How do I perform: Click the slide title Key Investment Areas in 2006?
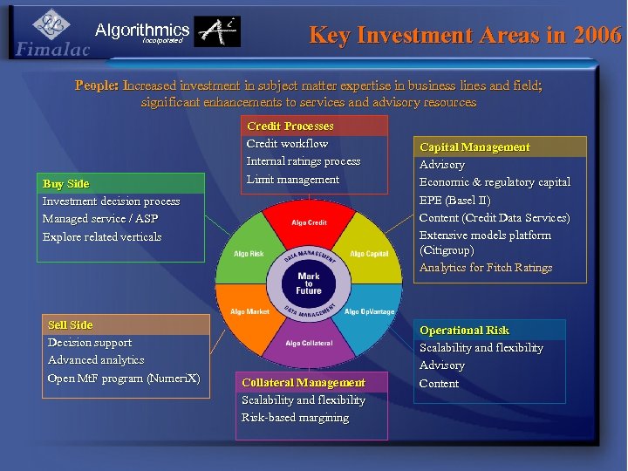point(465,35)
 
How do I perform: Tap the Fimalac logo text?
point(52,50)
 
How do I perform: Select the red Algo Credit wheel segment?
point(309,223)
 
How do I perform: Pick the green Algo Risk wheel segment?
point(249,254)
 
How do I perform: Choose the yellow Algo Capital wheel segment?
point(369,254)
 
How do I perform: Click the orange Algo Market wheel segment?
point(249,311)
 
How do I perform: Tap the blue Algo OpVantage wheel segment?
point(369,311)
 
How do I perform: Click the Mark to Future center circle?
point(309,283)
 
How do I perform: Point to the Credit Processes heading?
point(290,126)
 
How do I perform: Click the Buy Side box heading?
point(66,183)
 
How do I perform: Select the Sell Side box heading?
point(70,324)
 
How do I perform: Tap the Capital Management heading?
point(474,147)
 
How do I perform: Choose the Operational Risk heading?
point(464,330)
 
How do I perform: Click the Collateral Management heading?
point(304,382)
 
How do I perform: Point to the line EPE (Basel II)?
point(454,200)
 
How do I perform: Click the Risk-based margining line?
point(295,417)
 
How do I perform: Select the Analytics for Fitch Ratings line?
point(486,268)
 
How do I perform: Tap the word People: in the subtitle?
point(97,85)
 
